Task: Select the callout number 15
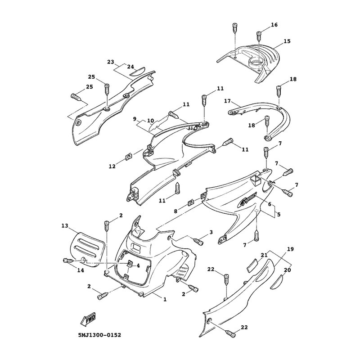pos(287,41)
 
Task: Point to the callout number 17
pos(227,101)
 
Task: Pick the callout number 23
pos(110,62)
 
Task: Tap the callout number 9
pos(135,119)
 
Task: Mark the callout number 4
pos(139,265)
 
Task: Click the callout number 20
pos(287,270)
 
